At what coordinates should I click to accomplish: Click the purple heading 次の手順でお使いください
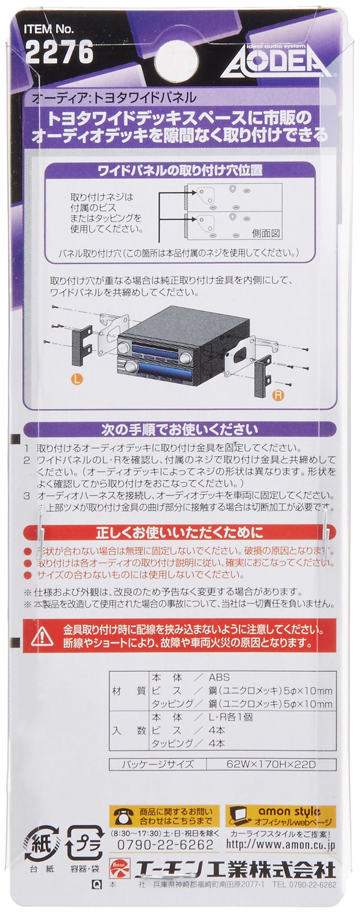click(179, 429)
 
